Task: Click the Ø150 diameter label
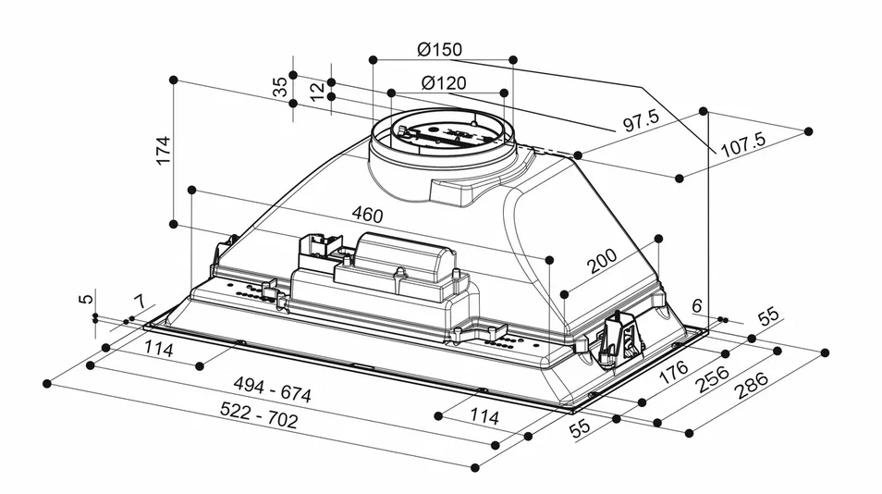(x=440, y=49)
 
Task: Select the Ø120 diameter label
(x=445, y=82)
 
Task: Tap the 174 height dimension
(x=164, y=150)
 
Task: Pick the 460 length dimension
(x=367, y=215)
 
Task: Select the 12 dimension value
(x=318, y=92)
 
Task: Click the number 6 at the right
(x=697, y=306)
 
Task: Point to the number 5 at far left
(x=85, y=299)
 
